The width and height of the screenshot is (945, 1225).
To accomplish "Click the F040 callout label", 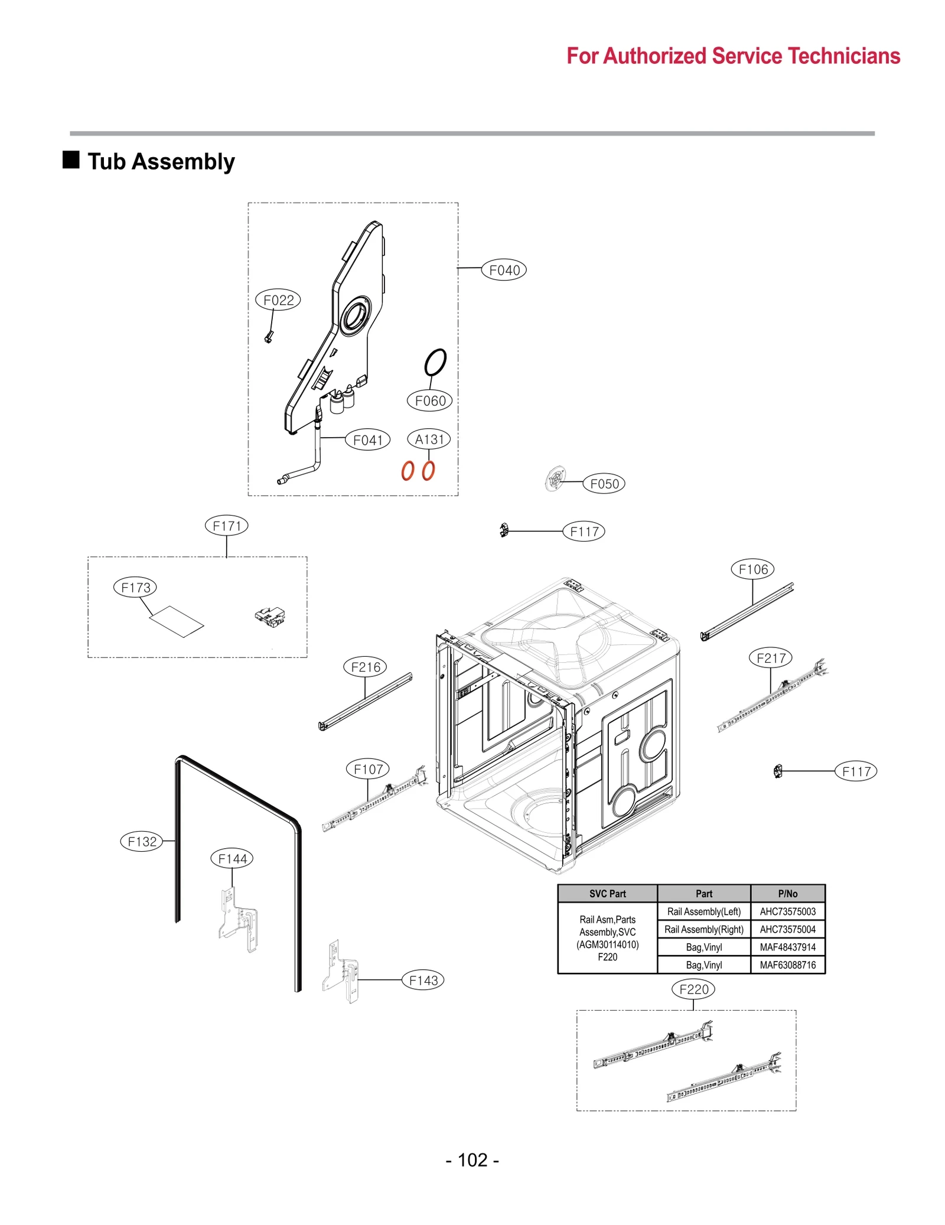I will pos(503,270).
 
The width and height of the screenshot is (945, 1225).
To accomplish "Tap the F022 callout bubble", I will pos(278,299).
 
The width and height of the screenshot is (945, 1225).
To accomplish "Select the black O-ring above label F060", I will pos(435,361).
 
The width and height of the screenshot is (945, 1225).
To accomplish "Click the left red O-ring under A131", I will pos(407,471).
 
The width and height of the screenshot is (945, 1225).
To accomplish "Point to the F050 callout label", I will pos(604,483).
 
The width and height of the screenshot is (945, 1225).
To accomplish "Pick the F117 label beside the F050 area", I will pos(584,531).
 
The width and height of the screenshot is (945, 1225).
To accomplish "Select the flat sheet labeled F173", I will pos(177,621).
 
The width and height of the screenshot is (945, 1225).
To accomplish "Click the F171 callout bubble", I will pos(226,525).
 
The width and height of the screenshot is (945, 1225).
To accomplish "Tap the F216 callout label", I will pos(365,667).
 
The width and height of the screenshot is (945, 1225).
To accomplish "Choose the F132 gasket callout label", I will pos(142,841).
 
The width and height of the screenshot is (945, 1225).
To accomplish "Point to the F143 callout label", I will pos(423,980).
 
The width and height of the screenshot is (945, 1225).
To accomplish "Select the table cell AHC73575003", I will pos(787,911).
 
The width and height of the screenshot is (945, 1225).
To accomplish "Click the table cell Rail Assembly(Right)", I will pos(703,929).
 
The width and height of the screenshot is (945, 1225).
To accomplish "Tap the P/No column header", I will pos(787,894).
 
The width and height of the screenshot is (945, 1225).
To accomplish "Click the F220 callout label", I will pos(693,989).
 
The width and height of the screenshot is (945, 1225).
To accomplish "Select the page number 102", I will pos(472,1159).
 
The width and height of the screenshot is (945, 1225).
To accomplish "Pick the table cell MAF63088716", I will pos(787,965).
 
